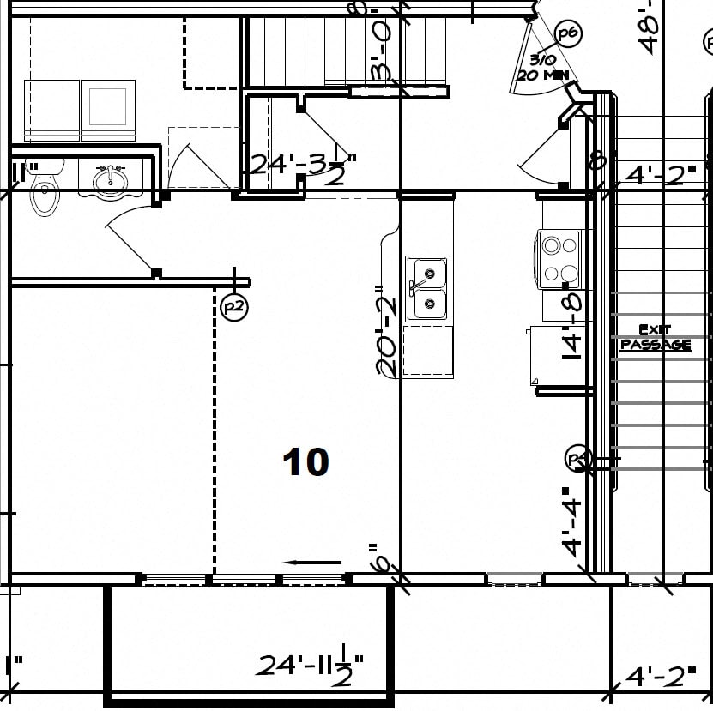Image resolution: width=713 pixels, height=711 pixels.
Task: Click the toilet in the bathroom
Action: (x=45, y=188)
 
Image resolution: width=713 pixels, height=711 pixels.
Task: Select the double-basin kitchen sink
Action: (x=426, y=288)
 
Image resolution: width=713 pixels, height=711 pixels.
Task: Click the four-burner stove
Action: (x=559, y=260)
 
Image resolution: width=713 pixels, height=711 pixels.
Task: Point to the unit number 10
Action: (x=305, y=462)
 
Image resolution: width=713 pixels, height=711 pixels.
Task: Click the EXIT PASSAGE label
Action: (x=655, y=337)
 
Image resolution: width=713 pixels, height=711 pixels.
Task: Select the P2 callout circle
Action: (x=233, y=307)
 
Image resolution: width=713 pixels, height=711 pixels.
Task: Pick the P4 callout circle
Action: (x=579, y=459)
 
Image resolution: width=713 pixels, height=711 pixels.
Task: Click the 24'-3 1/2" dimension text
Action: (x=302, y=165)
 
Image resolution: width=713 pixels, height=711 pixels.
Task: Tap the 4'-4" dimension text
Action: (x=572, y=521)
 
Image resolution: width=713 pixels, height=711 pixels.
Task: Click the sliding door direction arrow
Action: (x=312, y=563)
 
